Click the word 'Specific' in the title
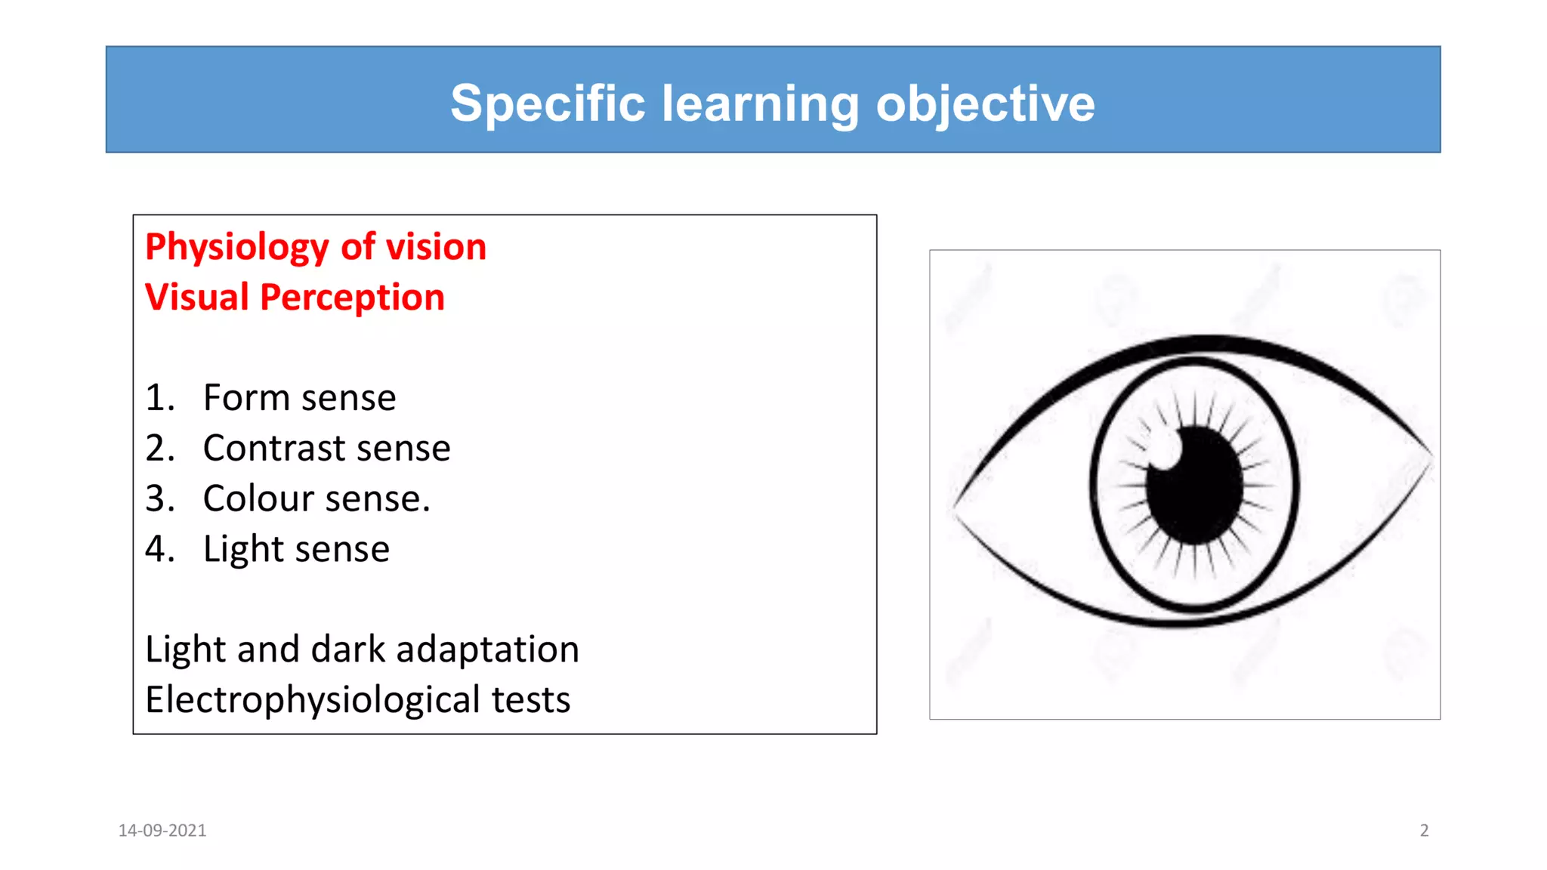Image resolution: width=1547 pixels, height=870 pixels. pyautogui.click(x=548, y=103)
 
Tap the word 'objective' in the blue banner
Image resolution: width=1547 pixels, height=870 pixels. pyautogui.click(x=985, y=103)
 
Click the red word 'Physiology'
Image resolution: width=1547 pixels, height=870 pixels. pyautogui.click(x=237, y=248)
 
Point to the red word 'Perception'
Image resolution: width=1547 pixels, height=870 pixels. pyautogui.click(x=352, y=298)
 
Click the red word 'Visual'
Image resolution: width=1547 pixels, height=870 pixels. pyautogui.click(x=196, y=298)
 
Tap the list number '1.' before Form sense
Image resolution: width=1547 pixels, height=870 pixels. pyautogui.click(x=159, y=398)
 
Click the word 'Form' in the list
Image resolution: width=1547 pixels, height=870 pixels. pyautogui.click(x=246, y=398)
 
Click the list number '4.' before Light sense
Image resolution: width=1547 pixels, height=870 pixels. pyautogui.click(x=159, y=549)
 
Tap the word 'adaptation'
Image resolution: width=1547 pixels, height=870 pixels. pyautogui.click(x=487, y=649)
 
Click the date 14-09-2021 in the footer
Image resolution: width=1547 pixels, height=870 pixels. pyautogui.click(x=162, y=831)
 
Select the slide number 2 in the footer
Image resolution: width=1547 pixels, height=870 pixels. pyautogui.click(x=1424, y=831)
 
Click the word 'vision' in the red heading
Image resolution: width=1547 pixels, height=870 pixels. pyautogui.click(x=436, y=248)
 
